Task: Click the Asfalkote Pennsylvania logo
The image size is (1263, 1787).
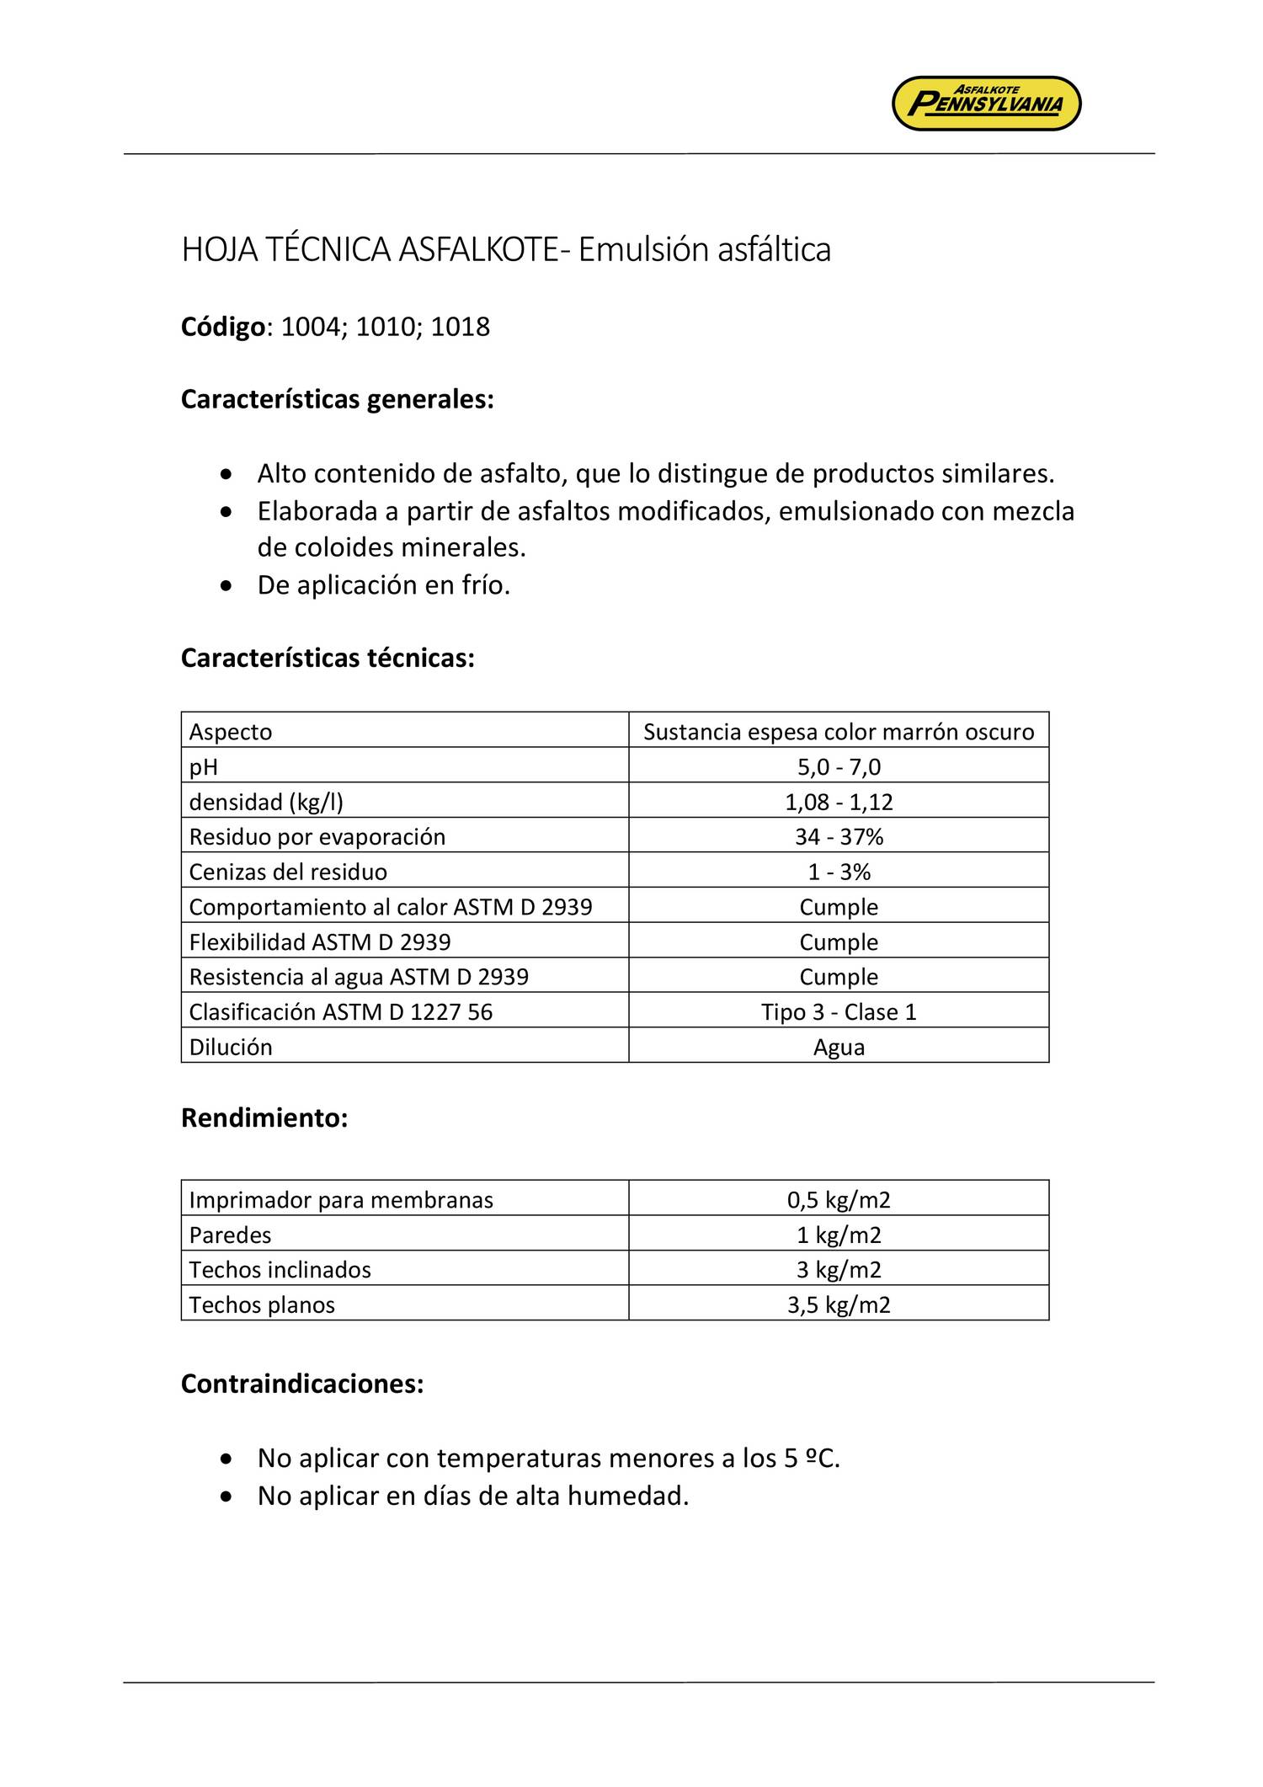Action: point(986,104)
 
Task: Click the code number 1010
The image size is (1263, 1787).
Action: point(385,327)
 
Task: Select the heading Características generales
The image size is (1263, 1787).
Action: point(337,399)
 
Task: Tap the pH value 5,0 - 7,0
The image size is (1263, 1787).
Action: point(838,766)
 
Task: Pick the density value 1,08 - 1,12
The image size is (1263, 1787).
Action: point(838,802)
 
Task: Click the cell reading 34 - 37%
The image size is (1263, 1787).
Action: point(838,837)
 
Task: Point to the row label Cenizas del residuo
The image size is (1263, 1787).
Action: point(288,872)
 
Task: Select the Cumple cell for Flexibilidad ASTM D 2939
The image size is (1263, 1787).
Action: point(838,942)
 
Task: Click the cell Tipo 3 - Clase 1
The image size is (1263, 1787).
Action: point(838,1011)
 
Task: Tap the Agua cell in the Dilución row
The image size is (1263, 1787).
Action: point(838,1047)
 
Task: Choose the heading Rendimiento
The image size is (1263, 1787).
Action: point(264,1118)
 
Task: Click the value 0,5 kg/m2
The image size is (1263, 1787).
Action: point(838,1200)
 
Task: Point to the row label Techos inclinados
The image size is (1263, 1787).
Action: point(280,1270)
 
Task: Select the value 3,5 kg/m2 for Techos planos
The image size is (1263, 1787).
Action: point(838,1305)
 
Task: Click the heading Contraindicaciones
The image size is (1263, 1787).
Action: point(302,1384)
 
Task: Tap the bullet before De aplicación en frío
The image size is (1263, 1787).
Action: point(224,586)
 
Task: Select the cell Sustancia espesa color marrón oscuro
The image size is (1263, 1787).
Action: point(838,732)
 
